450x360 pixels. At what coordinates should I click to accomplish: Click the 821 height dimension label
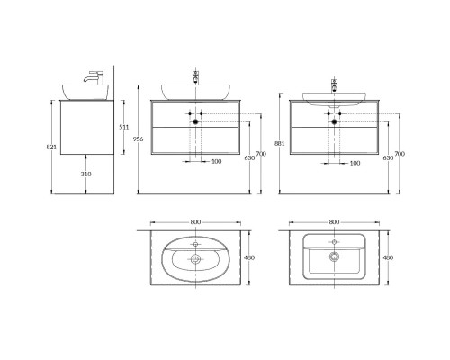(x=51, y=148)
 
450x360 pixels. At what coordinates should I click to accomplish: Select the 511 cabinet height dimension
(x=124, y=127)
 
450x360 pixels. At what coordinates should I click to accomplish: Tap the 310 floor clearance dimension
(x=86, y=174)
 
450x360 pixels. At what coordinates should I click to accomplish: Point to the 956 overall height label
(x=139, y=139)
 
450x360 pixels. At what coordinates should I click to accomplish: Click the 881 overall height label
(x=279, y=143)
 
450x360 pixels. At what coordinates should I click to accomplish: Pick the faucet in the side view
(x=94, y=77)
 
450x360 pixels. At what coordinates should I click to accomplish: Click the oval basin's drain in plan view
(x=195, y=258)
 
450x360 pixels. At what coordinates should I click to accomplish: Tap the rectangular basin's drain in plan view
(x=334, y=256)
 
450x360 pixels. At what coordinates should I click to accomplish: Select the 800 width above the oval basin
(x=195, y=222)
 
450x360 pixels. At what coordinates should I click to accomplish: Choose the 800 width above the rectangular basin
(x=334, y=222)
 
